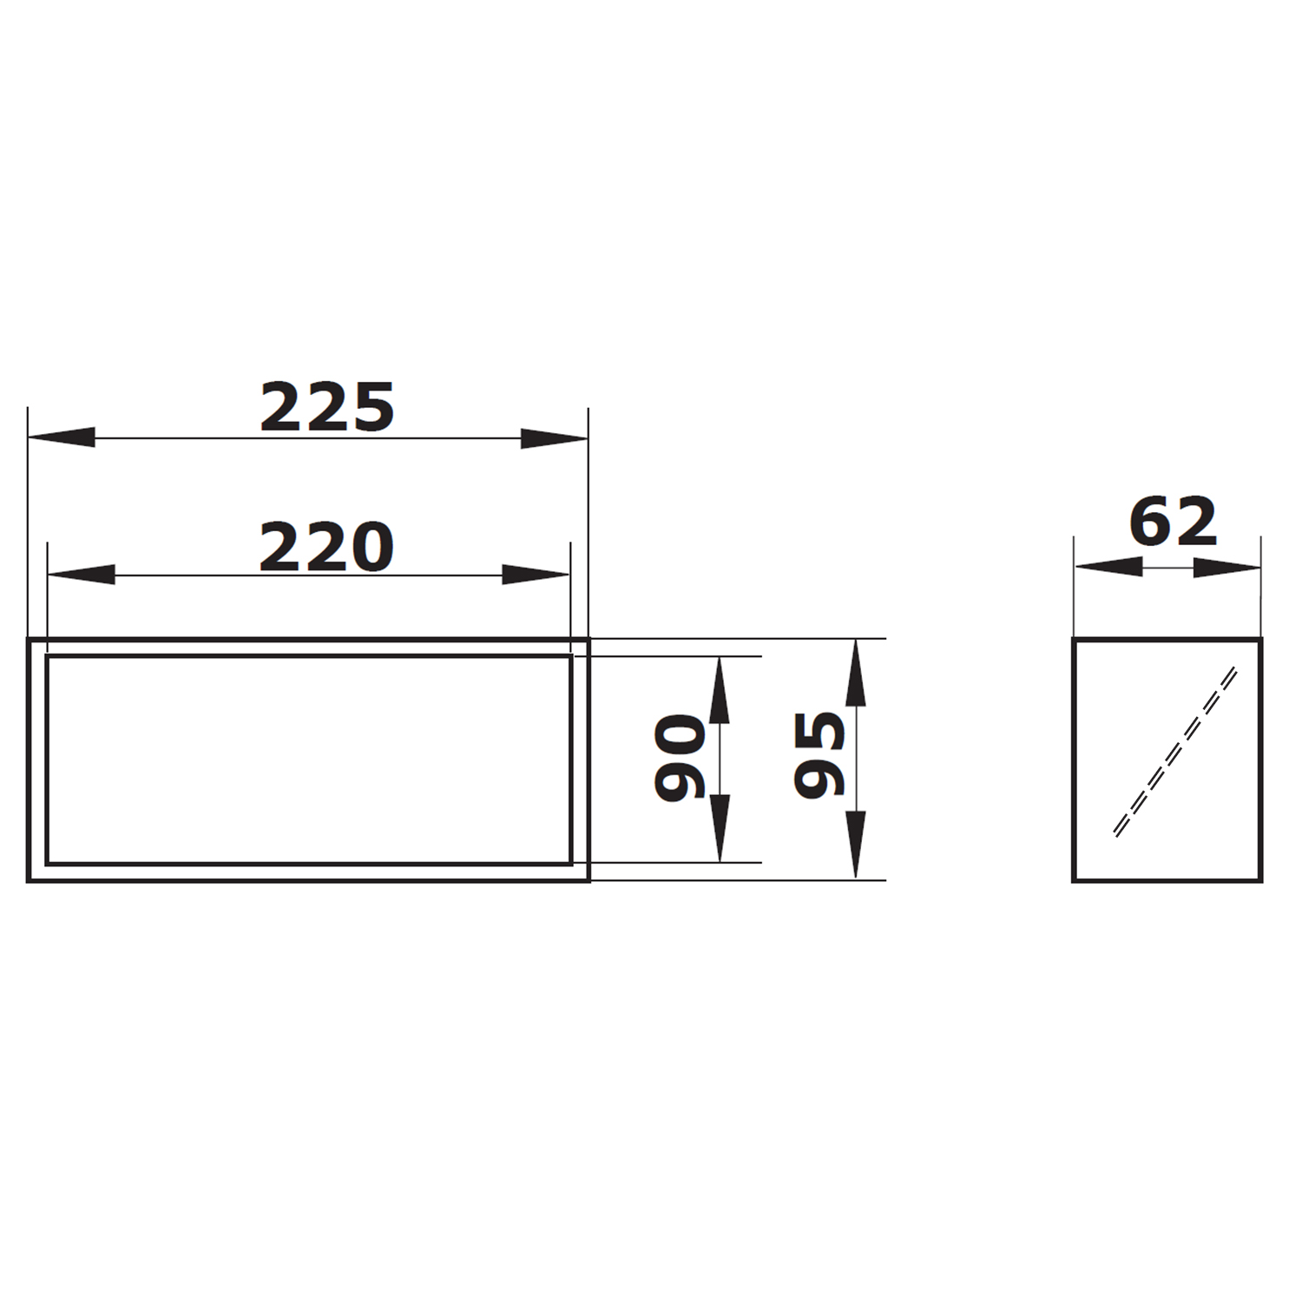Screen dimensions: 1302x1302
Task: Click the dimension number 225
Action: coord(327,407)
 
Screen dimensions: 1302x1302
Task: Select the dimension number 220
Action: coord(327,547)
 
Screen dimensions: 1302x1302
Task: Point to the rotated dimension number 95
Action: coord(819,754)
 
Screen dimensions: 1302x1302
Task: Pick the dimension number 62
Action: coord(1173,522)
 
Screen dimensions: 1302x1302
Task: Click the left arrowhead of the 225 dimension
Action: coord(61,437)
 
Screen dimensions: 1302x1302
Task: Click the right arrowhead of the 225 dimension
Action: coord(555,437)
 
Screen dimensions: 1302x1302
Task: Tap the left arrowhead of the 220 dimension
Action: coord(81,575)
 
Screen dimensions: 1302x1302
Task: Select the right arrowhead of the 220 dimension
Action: coord(536,575)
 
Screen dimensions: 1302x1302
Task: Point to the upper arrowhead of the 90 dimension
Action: coord(720,690)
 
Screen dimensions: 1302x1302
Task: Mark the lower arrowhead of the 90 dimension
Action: coord(720,829)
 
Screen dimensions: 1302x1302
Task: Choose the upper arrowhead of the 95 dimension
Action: coord(856,673)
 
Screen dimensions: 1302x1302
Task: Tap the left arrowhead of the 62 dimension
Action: coord(1108,567)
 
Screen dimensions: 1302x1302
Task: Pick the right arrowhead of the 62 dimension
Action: coord(1226,567)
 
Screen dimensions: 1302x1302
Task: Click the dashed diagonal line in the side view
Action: coord(1175,752)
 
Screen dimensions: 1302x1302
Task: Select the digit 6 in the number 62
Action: coord(1150,522)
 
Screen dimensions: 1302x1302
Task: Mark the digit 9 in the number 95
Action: coord(819,778)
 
